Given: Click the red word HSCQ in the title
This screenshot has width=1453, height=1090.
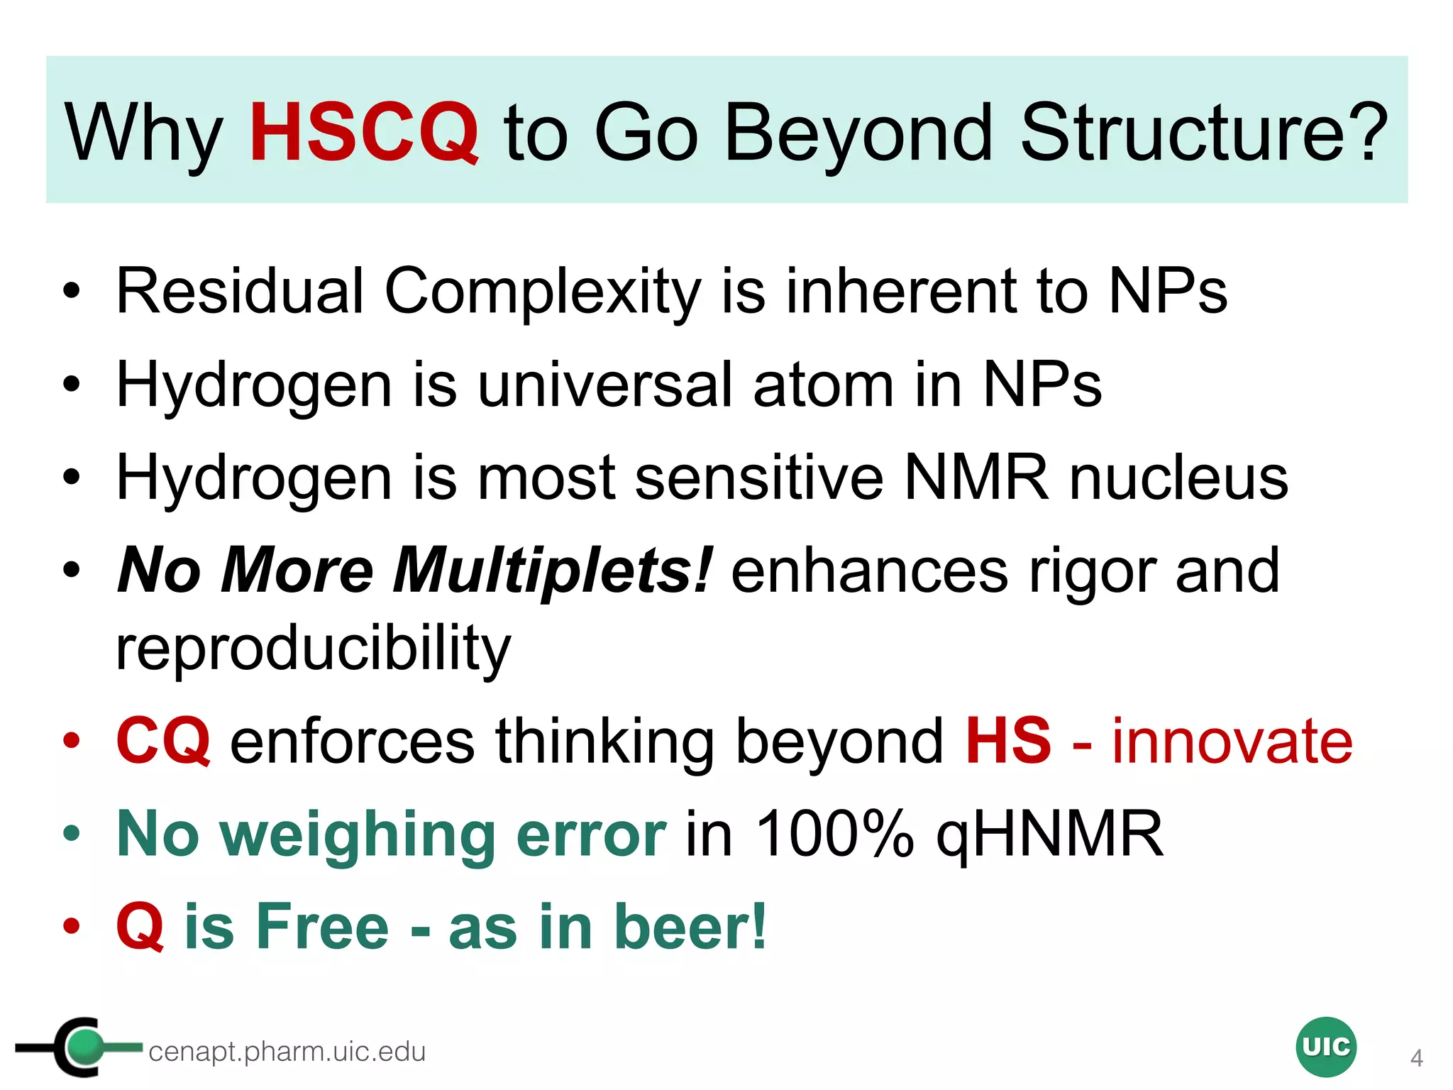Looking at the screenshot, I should click(x=364, y=133).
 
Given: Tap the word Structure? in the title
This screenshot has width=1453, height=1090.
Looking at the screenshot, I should click(x=1204, y=133).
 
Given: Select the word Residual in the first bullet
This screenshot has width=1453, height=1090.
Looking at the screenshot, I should click(x=240, y=291).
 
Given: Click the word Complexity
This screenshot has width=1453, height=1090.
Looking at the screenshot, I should click(x=543, y=292).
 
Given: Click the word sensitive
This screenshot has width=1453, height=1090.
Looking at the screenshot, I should click(x=759, y=478).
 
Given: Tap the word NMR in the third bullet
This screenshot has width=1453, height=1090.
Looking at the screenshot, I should click(x=976, y=478).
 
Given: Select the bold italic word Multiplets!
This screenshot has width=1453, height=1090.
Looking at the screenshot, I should click(x=551, y=571).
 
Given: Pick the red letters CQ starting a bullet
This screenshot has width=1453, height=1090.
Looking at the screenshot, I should click(x=163, y=741).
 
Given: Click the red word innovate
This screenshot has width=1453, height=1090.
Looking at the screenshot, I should click(x=1232, y=741).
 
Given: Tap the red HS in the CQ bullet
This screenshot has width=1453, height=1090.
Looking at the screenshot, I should click(x=1008, y=741).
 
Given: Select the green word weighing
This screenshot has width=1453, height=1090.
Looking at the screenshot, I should click(x=357, y=836).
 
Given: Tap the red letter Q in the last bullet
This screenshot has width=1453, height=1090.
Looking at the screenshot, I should click(x=140, y=927).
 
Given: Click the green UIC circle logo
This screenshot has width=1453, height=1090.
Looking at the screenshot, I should click(x=1325, y=1047).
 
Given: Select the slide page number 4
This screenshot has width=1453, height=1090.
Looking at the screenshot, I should click(x=1416, y=1058).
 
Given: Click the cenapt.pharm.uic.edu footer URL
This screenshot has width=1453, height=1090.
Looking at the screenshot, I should click(x=287, y=1052).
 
